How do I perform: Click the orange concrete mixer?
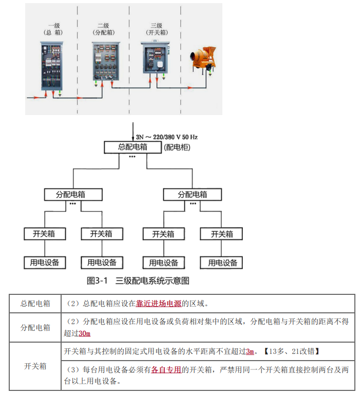203,59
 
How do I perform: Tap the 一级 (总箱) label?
53,29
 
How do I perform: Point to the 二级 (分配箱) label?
104,29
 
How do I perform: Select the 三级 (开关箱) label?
157,29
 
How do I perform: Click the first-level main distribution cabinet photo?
52,66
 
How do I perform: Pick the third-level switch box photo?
155,58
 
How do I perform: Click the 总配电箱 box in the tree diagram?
132,147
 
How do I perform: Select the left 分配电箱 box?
73,195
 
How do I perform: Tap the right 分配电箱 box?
193,195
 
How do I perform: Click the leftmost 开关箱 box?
45,234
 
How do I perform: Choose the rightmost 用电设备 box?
221,263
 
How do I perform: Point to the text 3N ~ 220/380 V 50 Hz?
167,137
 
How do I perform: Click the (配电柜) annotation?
177,147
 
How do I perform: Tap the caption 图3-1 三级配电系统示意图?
138,280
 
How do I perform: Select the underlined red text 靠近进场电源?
159,304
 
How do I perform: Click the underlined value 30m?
84,333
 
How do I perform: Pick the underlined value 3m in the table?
250,351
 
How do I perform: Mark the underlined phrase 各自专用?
166,370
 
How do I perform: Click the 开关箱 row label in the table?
35,366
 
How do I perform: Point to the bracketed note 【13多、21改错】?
291,351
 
